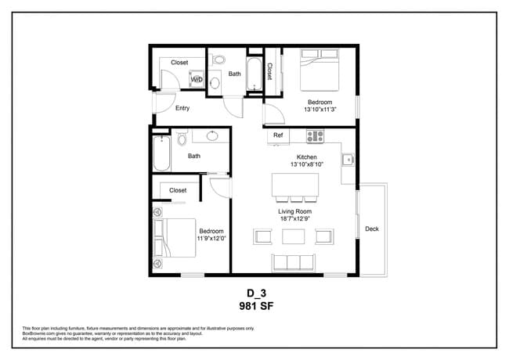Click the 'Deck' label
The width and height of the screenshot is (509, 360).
pyautogui.click(x=372, y=229)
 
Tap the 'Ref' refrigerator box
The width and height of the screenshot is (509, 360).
pyautogui.click(x=278, y=136)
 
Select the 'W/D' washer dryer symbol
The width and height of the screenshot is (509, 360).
pyautogui.click(x=197, y=80)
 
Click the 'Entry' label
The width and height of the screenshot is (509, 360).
pyautogui.click(x=182, y=109)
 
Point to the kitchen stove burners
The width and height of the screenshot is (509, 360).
pyautogui.click(x=315, y=136)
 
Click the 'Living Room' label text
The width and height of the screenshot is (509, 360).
pyautogui.click(x=295, y=211)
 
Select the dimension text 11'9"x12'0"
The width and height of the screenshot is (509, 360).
pyautogui.click(x=211, y=239)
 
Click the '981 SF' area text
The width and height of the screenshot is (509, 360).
pyautogui.click(x=254, y=306)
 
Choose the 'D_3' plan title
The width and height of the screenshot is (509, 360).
pyautogui.click(x=254, y=294)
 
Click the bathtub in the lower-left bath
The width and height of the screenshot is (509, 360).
pyautogui.click(x=162, y=154)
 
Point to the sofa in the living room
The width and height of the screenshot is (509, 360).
pyautogui.click(x=293, y=261)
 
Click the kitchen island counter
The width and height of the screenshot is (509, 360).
pyautogui.click(x=295, y=185)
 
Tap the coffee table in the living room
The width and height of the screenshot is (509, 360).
pyautogui.click(x=294, y=236)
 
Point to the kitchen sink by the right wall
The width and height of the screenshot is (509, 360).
pyautogui.click(x=347, y=160)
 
